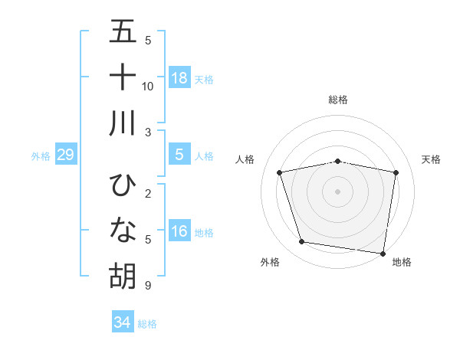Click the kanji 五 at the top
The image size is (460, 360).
(123, 33)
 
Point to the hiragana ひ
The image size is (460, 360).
(123, 185)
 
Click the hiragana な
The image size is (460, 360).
(123, 231)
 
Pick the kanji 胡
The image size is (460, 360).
(123, 276)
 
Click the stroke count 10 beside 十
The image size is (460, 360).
(148, 87)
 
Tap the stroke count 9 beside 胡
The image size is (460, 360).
(147, 286)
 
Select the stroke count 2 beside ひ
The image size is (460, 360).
(147, 194)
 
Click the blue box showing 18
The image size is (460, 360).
(179, 77)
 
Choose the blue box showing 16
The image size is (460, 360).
(179, 232)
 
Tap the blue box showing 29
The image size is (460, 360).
(65, 155)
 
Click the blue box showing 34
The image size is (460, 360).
(123, 322)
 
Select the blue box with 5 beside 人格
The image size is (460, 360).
(179, 155)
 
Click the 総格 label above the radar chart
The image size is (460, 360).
(337, 100)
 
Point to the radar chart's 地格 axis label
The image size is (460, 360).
(402, 262)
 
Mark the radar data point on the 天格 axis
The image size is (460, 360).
(396, 172)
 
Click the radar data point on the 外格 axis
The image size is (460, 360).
(302, 242)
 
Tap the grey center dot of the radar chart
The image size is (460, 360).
(337, 191)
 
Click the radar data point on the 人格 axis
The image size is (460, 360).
(280, 172)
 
